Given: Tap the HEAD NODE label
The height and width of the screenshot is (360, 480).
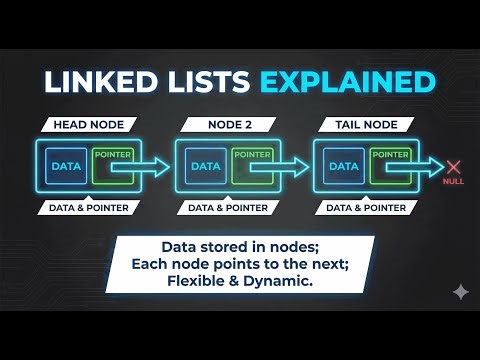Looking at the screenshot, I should [x=85, y=125].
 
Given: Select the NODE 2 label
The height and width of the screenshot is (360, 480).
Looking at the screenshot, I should [x=223, y=125].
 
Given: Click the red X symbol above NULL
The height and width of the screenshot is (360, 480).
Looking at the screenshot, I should [x=453, y=167].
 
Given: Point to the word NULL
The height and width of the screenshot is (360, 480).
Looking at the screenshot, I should [x=453, y=182].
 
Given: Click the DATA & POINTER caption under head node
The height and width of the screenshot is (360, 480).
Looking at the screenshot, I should [x=85, y=208].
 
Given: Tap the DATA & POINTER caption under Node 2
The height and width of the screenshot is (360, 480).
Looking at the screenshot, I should [x=223, y=208].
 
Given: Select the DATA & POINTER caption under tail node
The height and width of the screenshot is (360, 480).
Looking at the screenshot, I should [x=361, y=208].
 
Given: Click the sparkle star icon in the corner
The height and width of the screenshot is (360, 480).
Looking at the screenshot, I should [x=459, y=292].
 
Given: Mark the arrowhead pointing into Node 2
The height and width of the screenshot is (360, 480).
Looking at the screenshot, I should [x=162, y=167].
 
